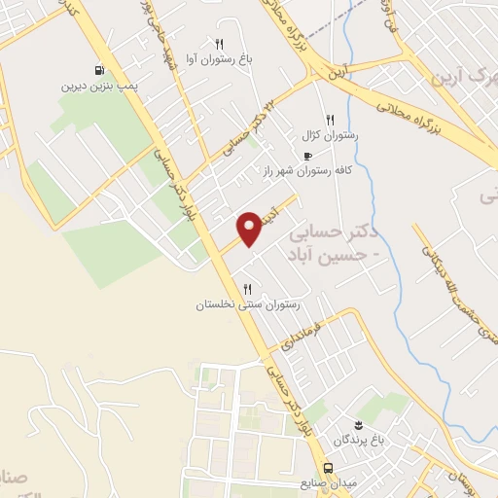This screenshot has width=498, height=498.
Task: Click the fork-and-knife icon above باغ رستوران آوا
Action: tap(219, 44)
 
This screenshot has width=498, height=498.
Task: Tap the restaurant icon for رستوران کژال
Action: tap(331, 120)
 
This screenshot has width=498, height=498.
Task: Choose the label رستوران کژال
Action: tap(331, 135)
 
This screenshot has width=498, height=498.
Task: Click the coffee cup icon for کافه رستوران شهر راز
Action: tap(308, 156)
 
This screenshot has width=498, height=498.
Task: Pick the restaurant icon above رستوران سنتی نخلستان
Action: tap(247, 289)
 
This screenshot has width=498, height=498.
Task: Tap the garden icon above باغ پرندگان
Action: tap(358, 425)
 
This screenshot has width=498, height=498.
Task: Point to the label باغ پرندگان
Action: tap(358, 440)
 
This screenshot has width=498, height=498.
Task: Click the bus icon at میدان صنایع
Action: tap(328, 467)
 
